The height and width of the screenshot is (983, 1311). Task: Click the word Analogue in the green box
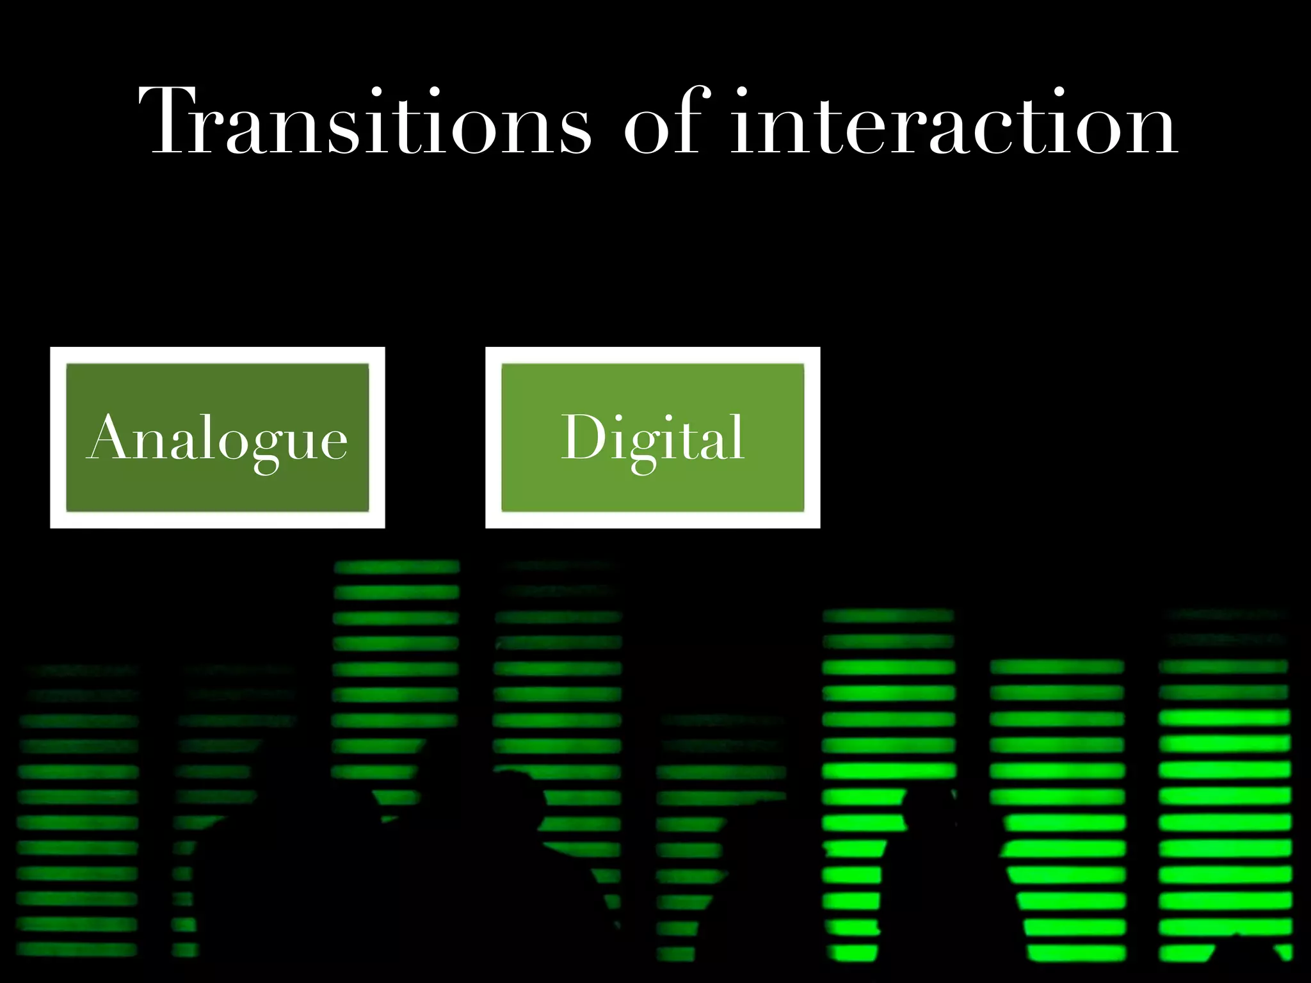coord(217,438)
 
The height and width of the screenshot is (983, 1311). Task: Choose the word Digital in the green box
coord(653,438)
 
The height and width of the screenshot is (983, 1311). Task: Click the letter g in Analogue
coord(269,448)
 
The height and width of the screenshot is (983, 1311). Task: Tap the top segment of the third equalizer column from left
coord(397,567)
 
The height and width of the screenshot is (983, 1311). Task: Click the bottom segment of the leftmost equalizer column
coord(77,949)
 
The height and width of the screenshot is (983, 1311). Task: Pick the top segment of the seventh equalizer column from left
coord(1056,667)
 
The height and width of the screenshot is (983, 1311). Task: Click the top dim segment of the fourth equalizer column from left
coord(558,566)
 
